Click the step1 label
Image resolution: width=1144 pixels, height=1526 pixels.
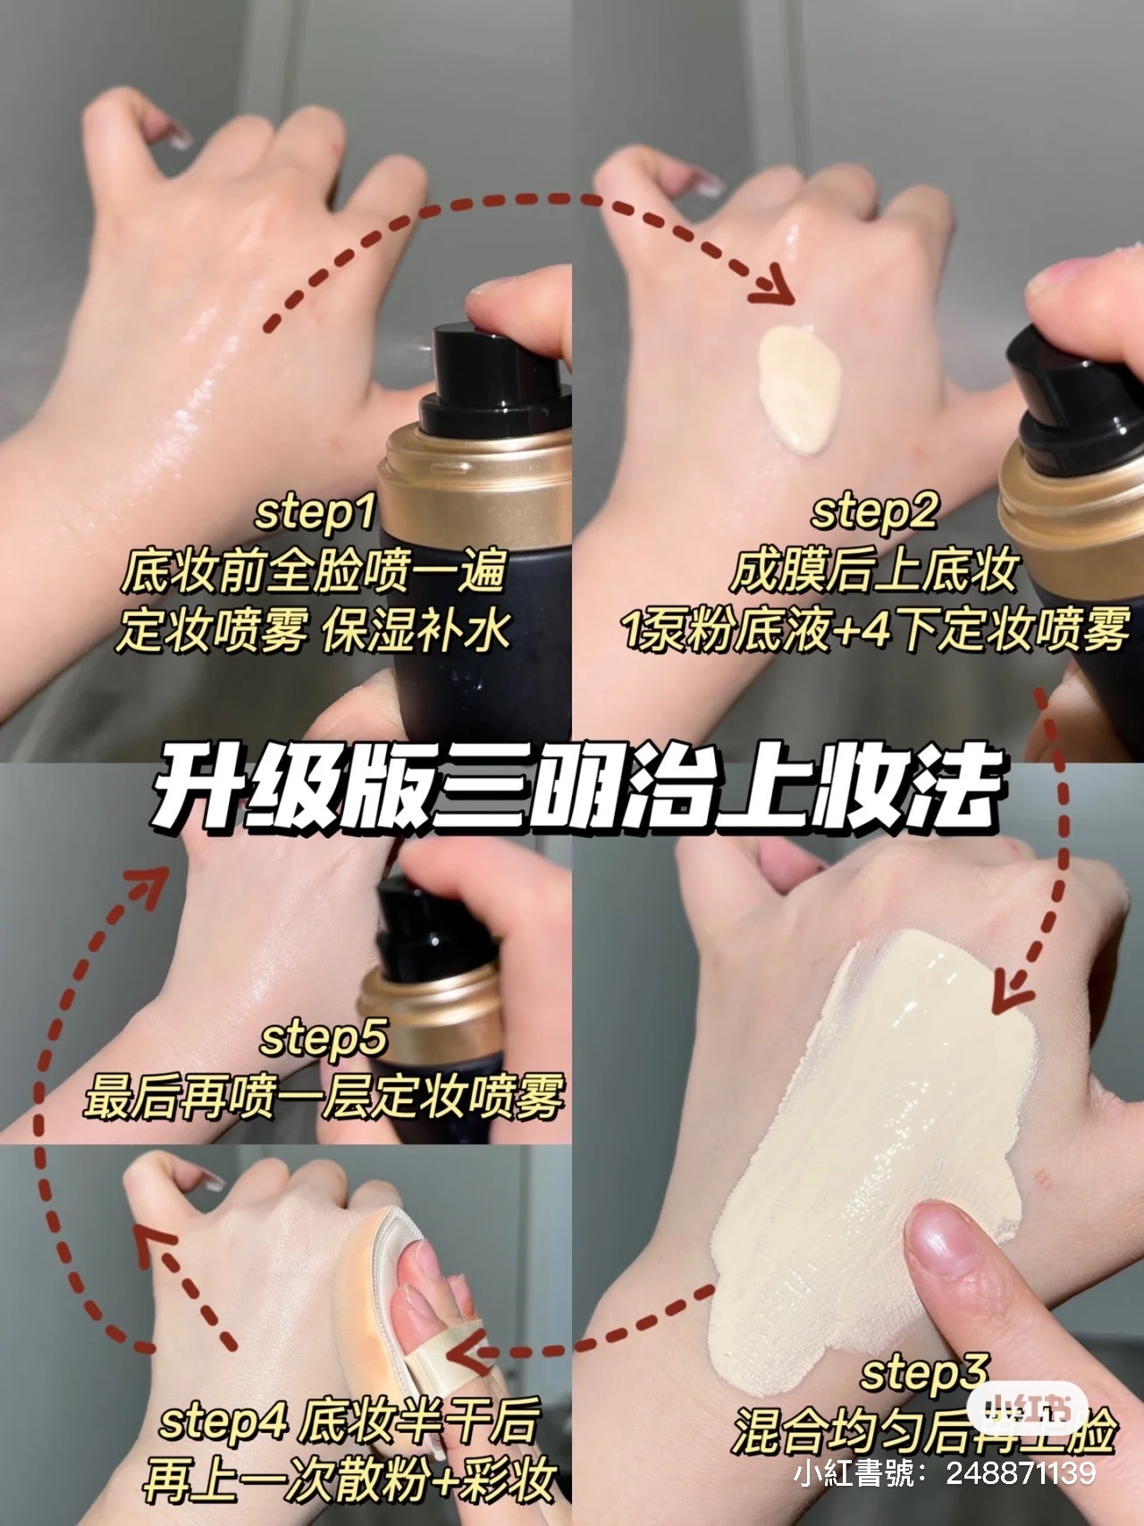315,513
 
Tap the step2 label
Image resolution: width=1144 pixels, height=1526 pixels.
873,513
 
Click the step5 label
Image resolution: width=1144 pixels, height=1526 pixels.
324,1039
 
